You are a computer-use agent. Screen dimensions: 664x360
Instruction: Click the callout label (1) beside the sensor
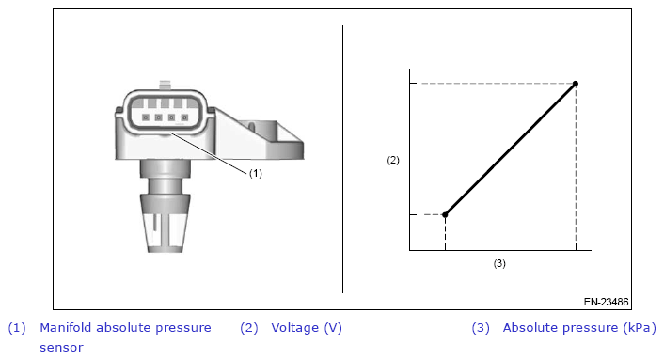click(256, 173)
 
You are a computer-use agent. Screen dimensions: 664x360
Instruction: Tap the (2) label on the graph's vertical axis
click(393, 160)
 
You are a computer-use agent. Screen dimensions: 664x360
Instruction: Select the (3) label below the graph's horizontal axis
click(499, 263)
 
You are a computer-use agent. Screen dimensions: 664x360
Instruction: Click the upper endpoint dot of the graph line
click(575, 84)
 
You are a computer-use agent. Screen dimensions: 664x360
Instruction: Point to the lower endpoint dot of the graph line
click(445, 215)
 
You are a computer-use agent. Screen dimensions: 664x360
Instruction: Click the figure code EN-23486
click(606, 302)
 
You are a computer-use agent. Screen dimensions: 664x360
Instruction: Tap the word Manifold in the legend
click(66, 327)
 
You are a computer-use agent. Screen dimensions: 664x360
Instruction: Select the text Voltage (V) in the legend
click(307, 328)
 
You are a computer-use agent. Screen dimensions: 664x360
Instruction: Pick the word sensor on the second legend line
click(61, 348)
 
